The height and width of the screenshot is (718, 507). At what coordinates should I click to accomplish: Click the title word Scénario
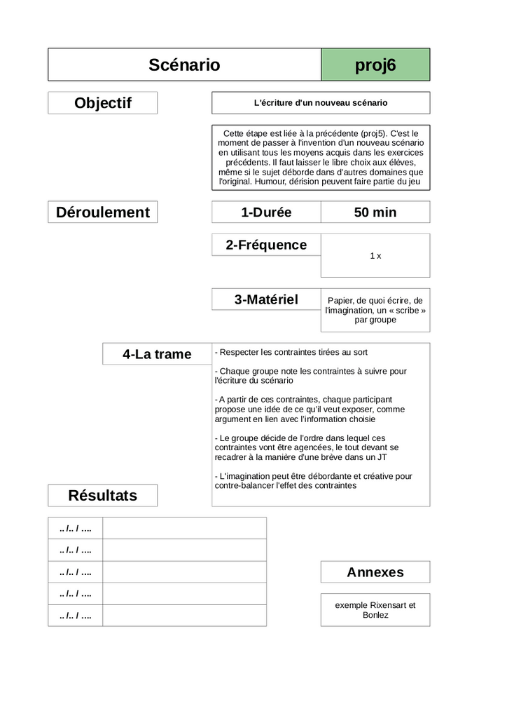(184, 65)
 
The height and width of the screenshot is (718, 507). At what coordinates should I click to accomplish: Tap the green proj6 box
(375, 65)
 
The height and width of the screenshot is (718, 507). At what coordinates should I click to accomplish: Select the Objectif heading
(103, 103)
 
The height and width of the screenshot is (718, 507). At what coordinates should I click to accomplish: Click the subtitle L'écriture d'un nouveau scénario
(320, 102)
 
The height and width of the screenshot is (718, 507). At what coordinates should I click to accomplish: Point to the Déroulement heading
(103, 212)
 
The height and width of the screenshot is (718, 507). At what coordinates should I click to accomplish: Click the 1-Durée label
(266, 212)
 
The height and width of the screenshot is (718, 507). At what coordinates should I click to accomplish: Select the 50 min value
(375, 212)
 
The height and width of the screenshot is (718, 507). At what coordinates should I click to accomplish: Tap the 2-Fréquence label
(266, 245)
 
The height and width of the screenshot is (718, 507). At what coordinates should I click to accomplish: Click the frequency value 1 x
(375, 256)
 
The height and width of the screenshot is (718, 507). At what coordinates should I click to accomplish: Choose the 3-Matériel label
(266, 299)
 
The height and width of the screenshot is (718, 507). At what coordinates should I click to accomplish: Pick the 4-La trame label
(157, 354)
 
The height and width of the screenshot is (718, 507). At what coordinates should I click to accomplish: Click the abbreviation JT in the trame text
(382, 457)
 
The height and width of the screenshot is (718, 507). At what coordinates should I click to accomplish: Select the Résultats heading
(103, 496)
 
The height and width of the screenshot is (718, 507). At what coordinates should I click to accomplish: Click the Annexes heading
(375, 572)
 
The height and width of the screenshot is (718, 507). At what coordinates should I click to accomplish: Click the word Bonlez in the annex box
(375, 615)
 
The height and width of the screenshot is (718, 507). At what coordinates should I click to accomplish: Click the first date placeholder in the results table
(76, 528)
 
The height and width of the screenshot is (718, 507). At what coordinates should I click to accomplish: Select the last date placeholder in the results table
(76, 616)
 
